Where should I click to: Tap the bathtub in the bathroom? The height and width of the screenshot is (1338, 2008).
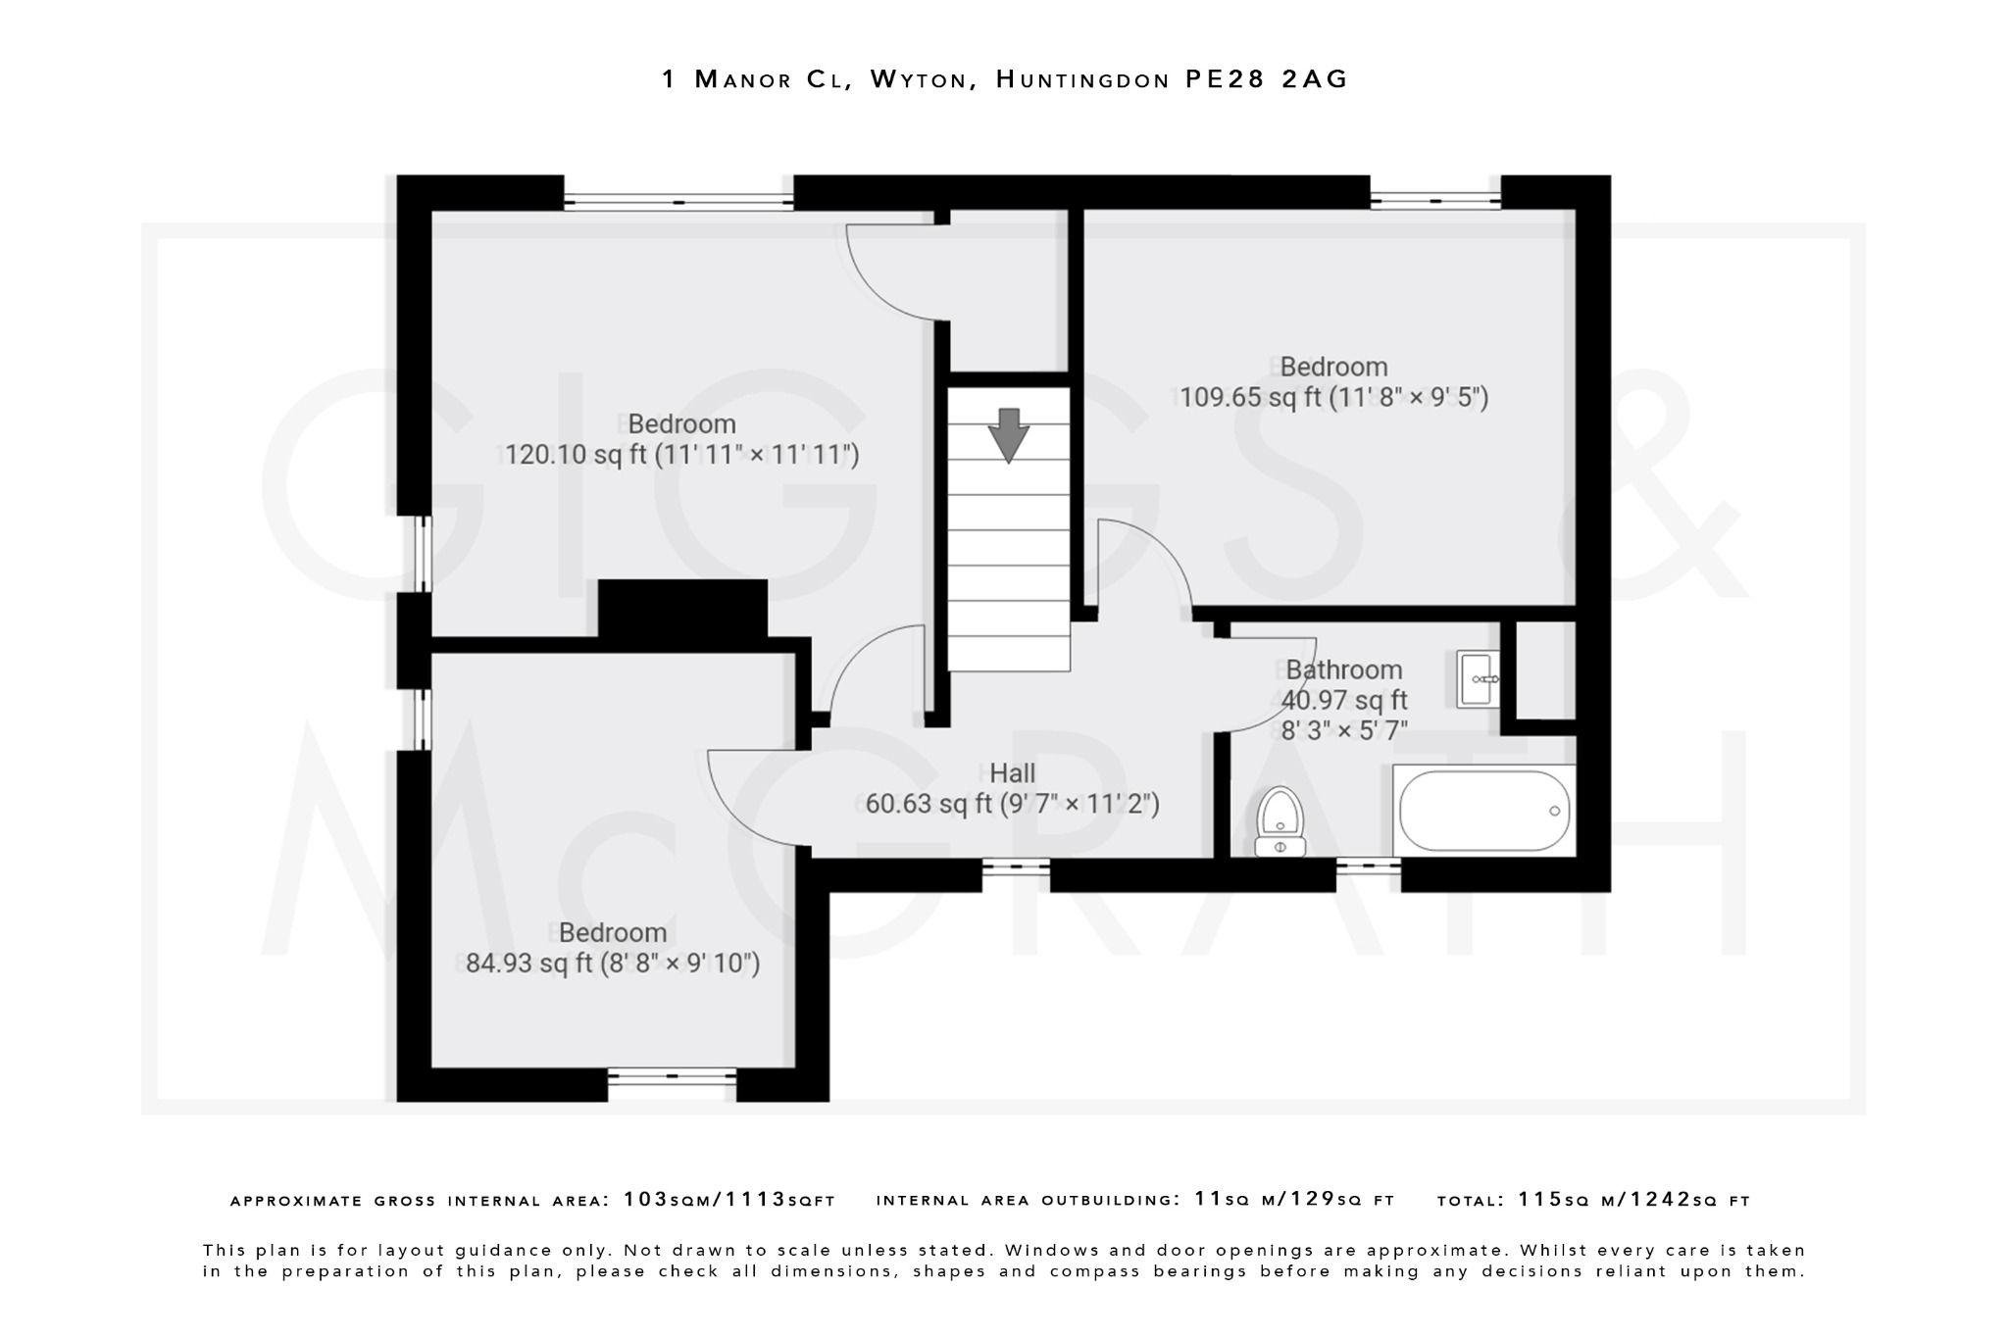click(x=1483, y=811)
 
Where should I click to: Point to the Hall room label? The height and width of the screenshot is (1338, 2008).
click(x=1012, y=773)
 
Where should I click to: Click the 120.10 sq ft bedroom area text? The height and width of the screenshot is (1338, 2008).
click(x=681, y=455)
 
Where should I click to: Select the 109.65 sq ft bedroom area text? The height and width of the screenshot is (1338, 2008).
click(x=1333, y=397)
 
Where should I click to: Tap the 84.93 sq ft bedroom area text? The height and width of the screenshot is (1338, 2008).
click(x=613, y=963)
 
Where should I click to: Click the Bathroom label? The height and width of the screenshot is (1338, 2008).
click(x=1343, y=669)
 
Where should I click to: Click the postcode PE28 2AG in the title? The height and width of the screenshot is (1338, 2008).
click(x=1267, y=79)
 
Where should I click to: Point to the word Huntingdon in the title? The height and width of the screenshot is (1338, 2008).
click(x=1082, y=79)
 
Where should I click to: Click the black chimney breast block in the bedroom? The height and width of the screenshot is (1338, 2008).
click(x=682, y=609)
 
